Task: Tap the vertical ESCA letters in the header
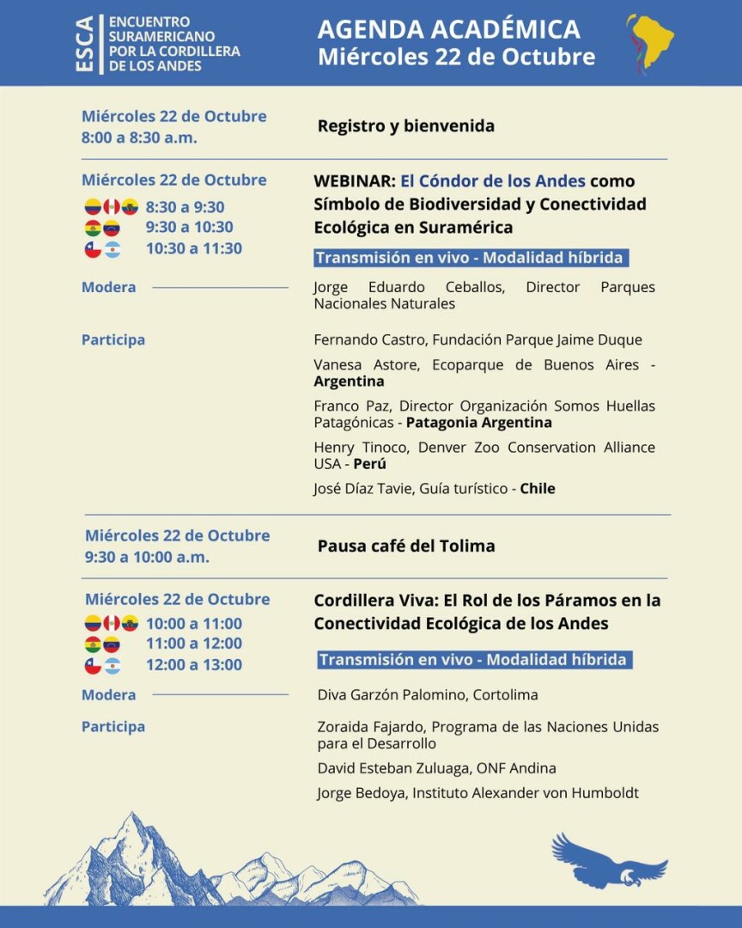click(x=85, y=44)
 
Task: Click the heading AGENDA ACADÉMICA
click(x=448, y=29)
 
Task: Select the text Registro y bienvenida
click(x=405, y=126)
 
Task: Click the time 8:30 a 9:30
click(x=185, y=207)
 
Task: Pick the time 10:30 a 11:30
click(x=193, y=248)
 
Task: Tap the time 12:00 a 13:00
click(x=193, y=664)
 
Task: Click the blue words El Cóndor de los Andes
click(x=493, y=181)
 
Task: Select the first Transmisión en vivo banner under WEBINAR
click(x=469, y=258)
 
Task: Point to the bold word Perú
click(x=369, y=464)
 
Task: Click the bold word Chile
click(x=538, y=489)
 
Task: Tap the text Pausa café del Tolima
click(x=405, y=546)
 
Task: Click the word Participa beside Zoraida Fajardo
click(x=113, y=727)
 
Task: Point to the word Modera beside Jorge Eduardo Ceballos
click(x=108, y=287)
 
